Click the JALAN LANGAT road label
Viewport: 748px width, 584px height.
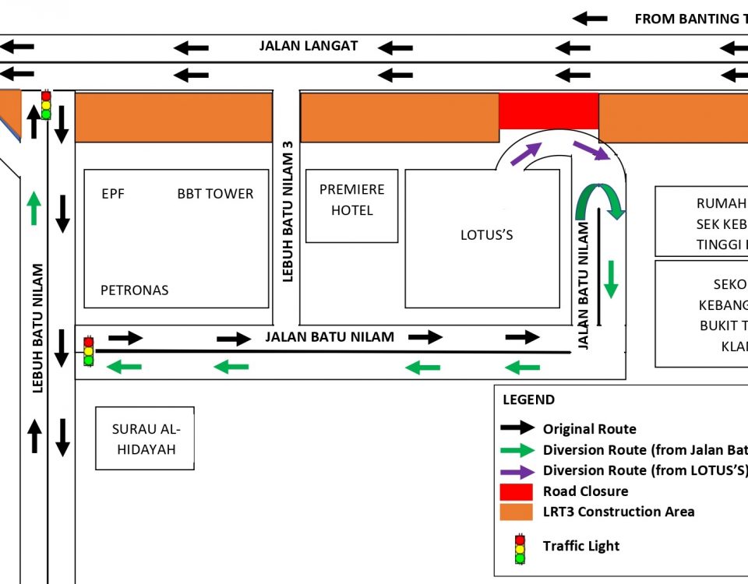[309, 46]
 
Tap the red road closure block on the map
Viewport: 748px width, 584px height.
[549, 111]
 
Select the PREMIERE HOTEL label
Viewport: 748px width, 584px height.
[351, 200]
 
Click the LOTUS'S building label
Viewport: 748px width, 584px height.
[487, 235]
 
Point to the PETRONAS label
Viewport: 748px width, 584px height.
[134, 290]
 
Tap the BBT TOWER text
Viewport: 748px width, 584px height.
[215, 194]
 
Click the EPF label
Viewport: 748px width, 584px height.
[113, 194]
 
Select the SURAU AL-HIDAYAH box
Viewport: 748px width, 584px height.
[145, 438]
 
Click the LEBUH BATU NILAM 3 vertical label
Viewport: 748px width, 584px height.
[288, 209]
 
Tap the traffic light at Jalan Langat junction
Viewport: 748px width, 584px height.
[46, 105]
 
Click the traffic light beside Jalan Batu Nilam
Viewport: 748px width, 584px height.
[89, 351]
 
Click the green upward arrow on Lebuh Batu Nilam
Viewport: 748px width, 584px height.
[34, 208]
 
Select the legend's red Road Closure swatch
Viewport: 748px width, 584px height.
[517, 491]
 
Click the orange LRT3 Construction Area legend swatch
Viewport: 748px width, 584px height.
[517, 512]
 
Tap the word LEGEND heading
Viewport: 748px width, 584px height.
[529, 400]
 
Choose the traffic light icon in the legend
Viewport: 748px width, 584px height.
[520, 549]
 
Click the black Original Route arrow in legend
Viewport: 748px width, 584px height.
[517, 428]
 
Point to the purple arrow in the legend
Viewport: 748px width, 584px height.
[517, 471]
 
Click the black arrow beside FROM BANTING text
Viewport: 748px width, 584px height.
[590, 18]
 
